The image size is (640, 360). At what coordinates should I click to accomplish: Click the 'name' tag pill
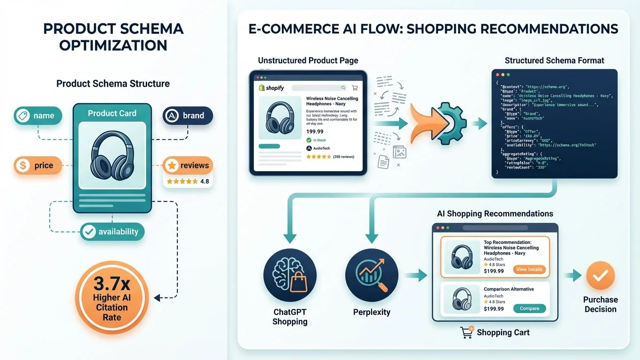(x=38, y=115)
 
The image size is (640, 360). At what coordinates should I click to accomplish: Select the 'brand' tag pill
(x=188, y=115)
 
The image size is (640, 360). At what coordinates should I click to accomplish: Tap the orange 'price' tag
(x=38, y=165)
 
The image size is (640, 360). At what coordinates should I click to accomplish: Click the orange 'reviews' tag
(x=188, y=165)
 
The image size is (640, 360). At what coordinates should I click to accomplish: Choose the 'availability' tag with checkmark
(x=112, y=232)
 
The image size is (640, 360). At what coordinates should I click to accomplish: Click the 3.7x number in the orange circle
(x=112, y=284)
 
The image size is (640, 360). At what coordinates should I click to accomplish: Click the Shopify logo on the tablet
(x=271, y=88)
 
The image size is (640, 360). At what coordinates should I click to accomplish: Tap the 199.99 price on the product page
(x=315, y=132)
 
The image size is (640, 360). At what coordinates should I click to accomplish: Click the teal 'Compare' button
(x=529, y=308)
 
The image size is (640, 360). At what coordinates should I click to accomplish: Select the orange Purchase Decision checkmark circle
(x=600, y=275)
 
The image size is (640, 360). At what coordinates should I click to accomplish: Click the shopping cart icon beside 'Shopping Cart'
(x=467, y=332)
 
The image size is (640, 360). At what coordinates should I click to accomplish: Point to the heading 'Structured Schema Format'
(x=554, y=60)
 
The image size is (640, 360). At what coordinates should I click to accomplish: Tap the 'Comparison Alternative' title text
(x=509, y=289)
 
